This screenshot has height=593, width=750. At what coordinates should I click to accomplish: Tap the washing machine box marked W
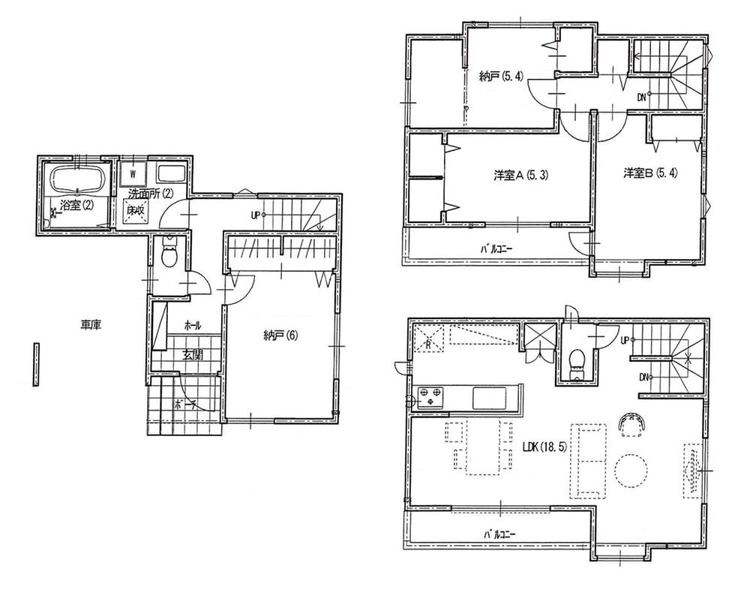[x=133, y=173]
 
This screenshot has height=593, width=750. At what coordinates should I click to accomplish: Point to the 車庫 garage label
[x=91, y=325]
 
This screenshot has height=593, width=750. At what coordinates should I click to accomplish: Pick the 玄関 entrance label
[x=192, y=356]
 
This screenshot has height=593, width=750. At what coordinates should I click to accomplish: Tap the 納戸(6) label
[x=280, y=335]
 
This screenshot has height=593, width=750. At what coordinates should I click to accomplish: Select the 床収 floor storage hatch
[x=135, y=212]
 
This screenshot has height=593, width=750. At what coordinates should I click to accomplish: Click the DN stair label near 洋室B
[x=641, y=96]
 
